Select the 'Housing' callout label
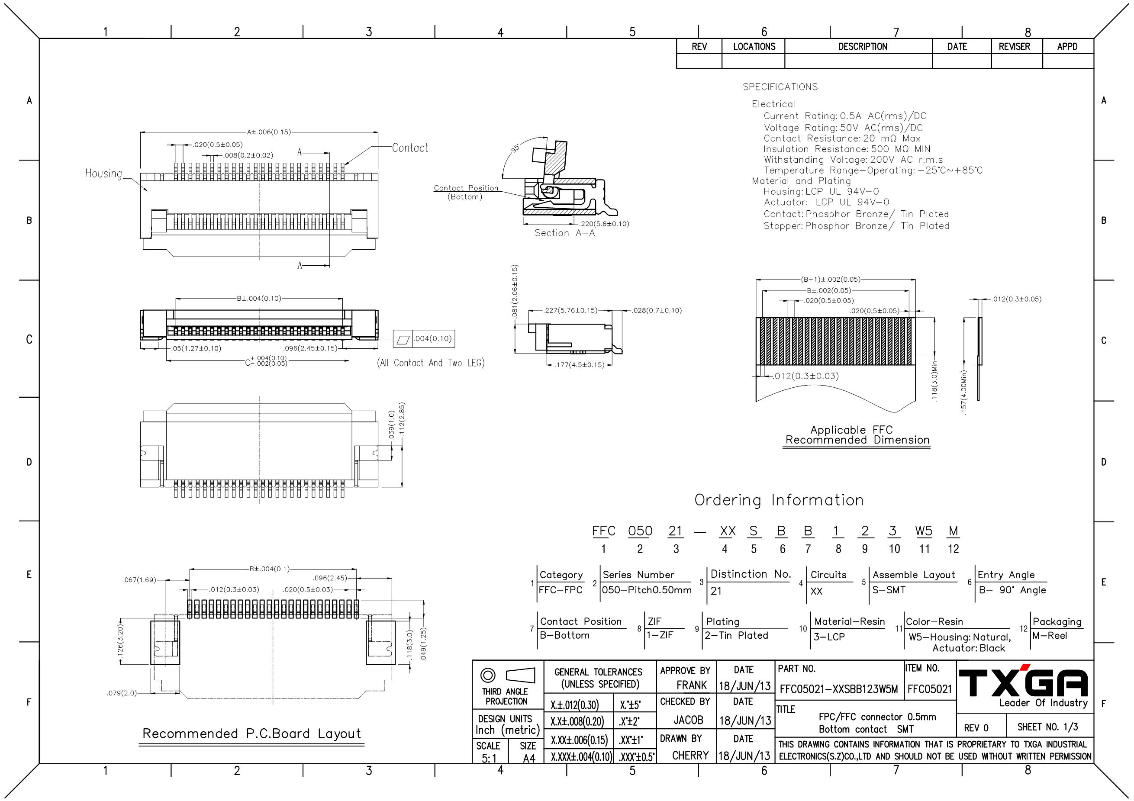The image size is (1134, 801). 103,174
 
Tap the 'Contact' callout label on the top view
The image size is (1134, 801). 410,148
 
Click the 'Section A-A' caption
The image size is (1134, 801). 564,233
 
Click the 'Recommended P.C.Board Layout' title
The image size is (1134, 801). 251,734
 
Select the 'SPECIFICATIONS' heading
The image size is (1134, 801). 780,87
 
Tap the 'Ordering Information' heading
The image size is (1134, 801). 779,500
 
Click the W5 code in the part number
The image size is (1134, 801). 924,531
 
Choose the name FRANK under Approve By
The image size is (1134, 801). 692,685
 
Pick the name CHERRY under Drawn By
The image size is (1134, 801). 690,756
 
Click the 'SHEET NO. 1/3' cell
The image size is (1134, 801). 1047,727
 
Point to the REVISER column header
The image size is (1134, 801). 1015,46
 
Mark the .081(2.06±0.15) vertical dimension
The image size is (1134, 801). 515,291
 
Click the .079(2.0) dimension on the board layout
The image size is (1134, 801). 122,693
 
